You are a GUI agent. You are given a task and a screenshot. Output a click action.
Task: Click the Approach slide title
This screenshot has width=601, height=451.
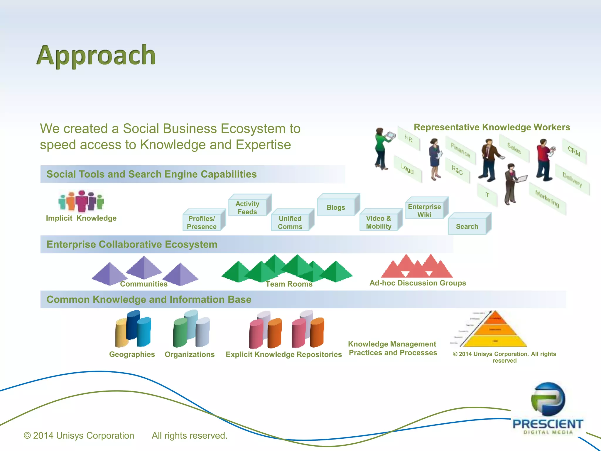tap(96, 55)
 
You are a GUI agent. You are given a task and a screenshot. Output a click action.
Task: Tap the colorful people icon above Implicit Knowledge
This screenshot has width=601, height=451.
tap(81, 201)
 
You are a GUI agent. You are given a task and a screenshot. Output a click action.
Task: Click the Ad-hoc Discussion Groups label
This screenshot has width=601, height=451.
tap(418, 283)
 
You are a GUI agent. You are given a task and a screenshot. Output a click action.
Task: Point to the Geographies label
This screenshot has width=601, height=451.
tap(132, 354)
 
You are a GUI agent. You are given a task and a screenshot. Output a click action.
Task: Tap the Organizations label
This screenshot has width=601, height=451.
tap(190, 354)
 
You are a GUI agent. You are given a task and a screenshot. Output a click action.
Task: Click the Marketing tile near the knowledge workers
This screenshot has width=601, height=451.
tap(547, 199)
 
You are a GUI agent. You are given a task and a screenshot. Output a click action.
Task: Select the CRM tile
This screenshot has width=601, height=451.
tap(574, 152)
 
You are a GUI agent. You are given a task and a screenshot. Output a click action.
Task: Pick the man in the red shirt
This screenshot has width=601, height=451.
tap(544, 160)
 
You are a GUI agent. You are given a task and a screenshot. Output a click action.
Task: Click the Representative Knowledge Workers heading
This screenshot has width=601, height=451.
tap(492, 127)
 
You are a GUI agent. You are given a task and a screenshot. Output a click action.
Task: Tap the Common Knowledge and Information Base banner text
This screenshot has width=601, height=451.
tap(149, 299)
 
